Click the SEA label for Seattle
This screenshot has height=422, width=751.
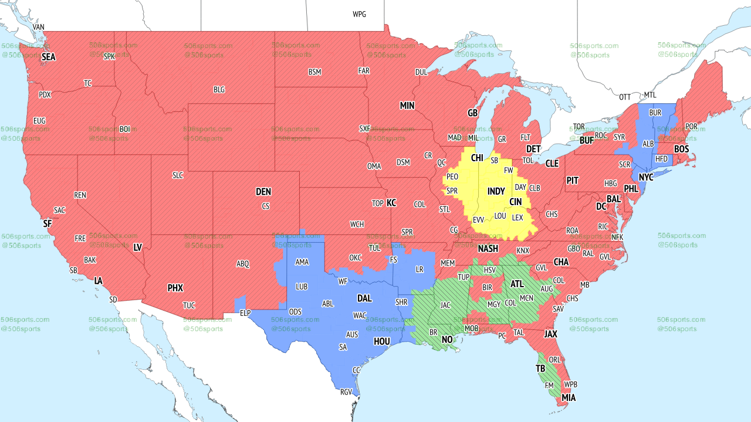pos(48,57)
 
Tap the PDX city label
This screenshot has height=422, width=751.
pos(45,94)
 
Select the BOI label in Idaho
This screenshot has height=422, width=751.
pos(124,128)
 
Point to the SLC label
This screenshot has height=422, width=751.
pos(177,175)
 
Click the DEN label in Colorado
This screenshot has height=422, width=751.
pos(263,192)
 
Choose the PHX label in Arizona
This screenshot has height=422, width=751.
pos(175,288)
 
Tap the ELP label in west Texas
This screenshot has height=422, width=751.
pos(245,313)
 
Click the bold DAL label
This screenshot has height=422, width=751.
pos(364,298)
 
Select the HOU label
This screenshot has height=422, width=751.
pos(381,341)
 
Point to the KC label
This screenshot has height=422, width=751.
pos(391,203)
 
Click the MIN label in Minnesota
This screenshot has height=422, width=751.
pos(407,105)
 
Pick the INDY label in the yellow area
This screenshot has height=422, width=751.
pos(496,192)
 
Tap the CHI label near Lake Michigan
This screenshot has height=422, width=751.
pos(477,158)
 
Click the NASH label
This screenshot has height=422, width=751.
pos(488,249)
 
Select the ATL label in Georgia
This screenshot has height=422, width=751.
pos(517,284)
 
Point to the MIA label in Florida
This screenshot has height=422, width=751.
pos(569,398)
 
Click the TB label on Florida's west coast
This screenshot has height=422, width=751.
pos(540,369)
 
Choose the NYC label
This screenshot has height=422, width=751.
pos(646,177)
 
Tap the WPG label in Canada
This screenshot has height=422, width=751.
pos(359,14)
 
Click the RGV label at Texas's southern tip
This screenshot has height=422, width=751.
pos(346,392)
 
